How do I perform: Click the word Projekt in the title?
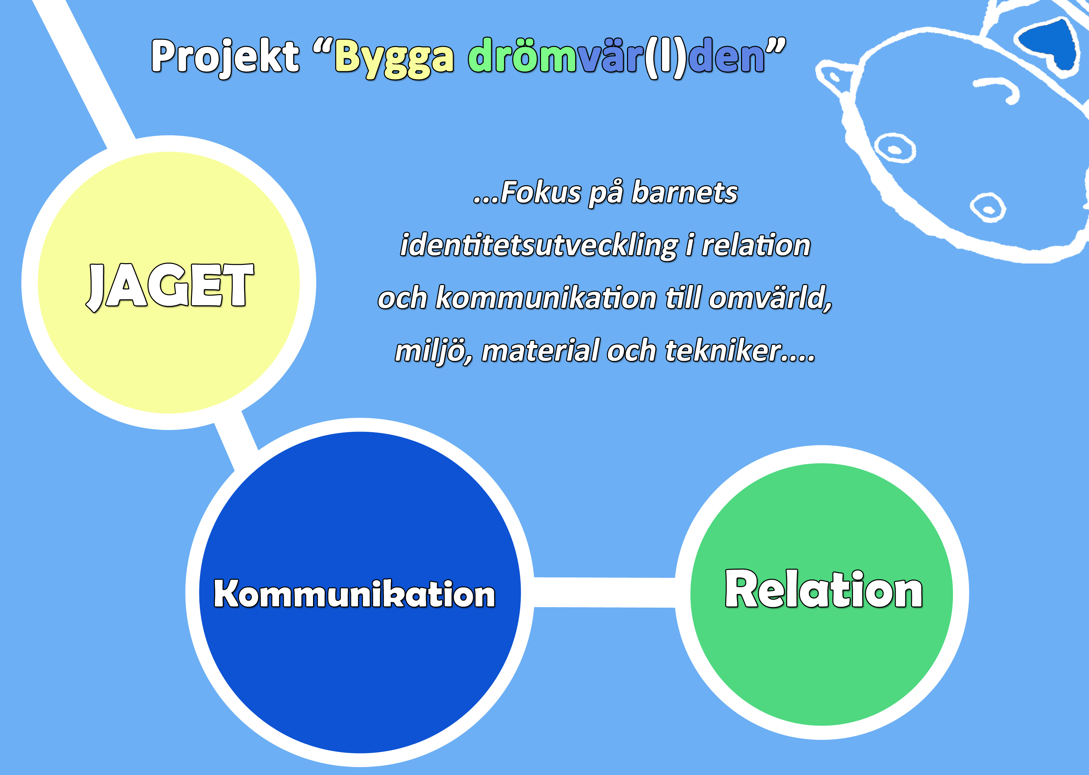coord(225,57)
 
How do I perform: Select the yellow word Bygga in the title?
coord(394,58)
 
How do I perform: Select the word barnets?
coord(684,192)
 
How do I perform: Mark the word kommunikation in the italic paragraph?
coord(546,298)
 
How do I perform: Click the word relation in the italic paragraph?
coord(756,245)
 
